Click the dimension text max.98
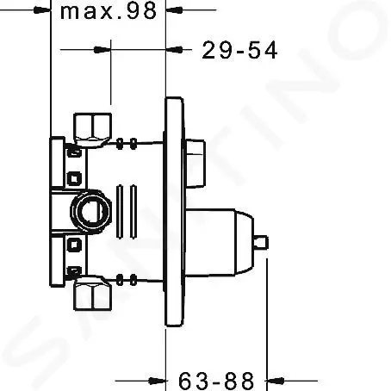click(111, 12)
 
